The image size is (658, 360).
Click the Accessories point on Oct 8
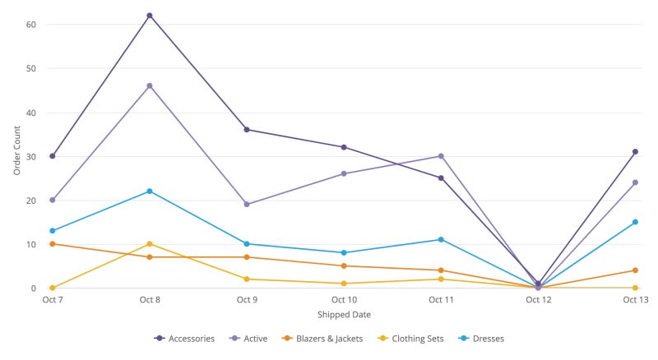coord(150,16)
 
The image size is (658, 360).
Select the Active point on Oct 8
coord(150,85)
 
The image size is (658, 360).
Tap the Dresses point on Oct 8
coord(150,192)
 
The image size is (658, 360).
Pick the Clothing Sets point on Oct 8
coord(150,244)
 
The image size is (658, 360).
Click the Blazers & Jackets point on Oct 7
coord(53,244)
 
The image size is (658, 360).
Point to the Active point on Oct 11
coord(441,156)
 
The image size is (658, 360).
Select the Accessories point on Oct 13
coord(635,151)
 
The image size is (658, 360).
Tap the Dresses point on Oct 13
coord(635,222)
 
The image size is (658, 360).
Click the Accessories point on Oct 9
coord(247,130)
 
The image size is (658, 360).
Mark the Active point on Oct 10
coord(344,173)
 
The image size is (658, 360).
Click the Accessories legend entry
coord(185,338)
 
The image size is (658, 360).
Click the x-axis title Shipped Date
coord(344,315)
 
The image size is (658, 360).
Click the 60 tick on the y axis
coord(31,25)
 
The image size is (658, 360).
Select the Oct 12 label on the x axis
coord(539,300)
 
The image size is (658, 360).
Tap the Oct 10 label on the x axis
coord(344,300)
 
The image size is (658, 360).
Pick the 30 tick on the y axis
coord(31,156)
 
